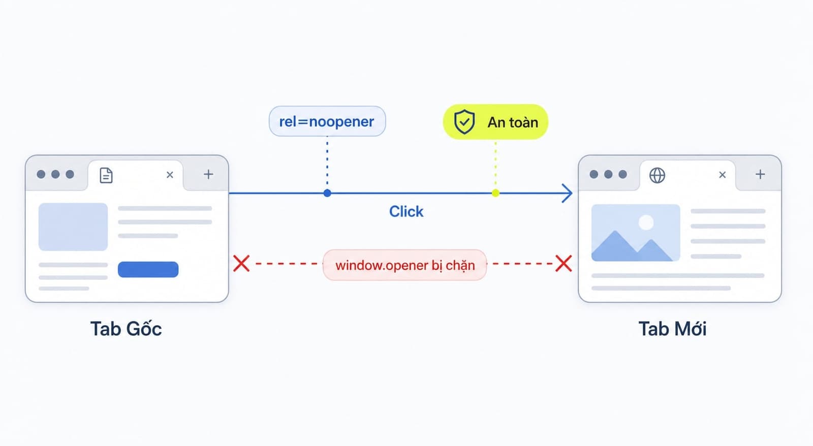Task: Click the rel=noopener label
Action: tap(327, 121)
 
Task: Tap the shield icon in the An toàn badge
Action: tap(464, 122)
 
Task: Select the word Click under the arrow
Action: tap(406, 211)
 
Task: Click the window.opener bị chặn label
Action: tap(404, 265)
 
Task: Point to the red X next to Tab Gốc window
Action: tap(241, 264)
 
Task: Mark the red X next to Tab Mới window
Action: tap(564, 264)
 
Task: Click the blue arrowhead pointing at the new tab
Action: tap(567, 193)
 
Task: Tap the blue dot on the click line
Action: tap(327, 193)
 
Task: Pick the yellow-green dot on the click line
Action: tap(495, 193)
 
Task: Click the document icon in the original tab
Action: tap(106, 175)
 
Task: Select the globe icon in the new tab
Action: tap(658, 175)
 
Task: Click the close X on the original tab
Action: tap(170, 175)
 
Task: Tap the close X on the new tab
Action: tap(722, 175)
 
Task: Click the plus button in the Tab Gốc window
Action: tap(208, 175)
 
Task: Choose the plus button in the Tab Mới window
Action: tap(760, 175)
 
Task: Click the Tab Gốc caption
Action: tap(126, 329)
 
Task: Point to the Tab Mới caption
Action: tap(673, 329)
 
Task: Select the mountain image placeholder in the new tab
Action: tap(636, 233)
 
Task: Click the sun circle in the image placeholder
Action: tap(646, 222)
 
